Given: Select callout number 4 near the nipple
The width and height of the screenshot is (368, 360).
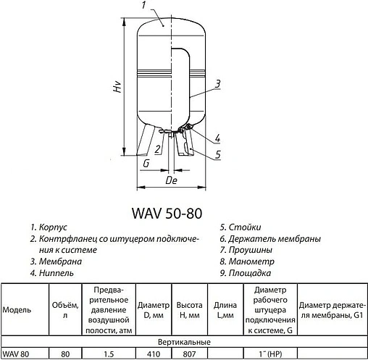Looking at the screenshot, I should (x=218, y=138).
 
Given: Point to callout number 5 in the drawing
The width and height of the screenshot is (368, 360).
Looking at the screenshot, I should (x=218, y=154).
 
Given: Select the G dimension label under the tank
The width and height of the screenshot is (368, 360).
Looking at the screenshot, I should (x=146, y=164).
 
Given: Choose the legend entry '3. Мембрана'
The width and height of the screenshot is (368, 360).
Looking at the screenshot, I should (x=56, y=261).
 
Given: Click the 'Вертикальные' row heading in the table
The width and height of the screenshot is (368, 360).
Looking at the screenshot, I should (x=184, y=341).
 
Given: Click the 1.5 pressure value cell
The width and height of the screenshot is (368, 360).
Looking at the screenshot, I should (x=109, y=353).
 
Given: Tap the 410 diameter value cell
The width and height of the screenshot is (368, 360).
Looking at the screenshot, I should (x=153, y=353).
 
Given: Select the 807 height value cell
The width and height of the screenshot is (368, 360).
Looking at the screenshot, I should (x=188, y=353).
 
